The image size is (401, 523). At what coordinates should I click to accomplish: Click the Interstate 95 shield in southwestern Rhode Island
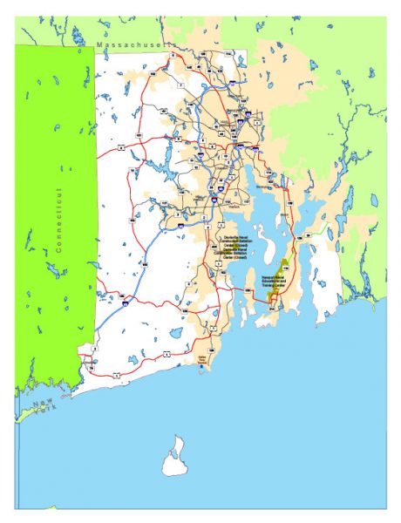pyautogui.click(x=126, y=302)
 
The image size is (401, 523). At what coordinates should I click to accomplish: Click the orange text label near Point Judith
pyautogui.click(x=208, y=357)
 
